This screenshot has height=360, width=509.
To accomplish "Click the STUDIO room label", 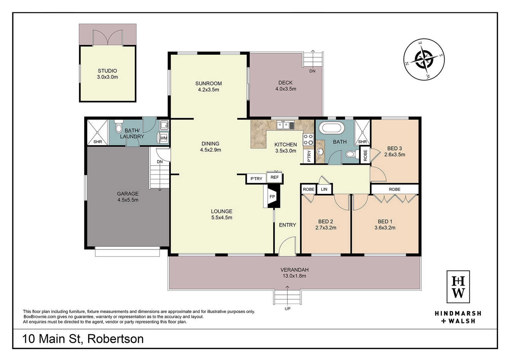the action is pos(107,71).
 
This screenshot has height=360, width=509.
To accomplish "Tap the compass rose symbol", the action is pos(424,59).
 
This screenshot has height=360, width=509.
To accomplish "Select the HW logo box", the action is pos(458,287).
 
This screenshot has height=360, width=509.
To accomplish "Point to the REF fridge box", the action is pos(274,177).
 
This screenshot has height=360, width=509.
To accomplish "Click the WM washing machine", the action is pos(163,138).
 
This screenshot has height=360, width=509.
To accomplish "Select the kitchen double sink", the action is pos(285,125).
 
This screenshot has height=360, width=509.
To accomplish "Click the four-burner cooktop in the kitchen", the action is pos(308,140).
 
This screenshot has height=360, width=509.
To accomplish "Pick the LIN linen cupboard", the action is pos(324,189).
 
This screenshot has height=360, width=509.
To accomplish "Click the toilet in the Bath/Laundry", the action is pos(118,127).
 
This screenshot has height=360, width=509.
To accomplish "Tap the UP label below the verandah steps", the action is pos(287,309).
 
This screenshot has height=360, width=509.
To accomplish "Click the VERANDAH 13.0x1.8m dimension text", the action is pos(294,276).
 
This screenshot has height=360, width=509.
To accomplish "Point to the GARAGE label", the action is pos(127,194).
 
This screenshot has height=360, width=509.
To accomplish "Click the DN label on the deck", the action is pos(313,71).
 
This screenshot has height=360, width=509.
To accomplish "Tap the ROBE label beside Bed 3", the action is pos(365,156).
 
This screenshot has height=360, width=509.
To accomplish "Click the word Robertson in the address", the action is pos(115,339).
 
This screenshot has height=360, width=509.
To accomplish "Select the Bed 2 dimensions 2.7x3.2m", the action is pos(326,228).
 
